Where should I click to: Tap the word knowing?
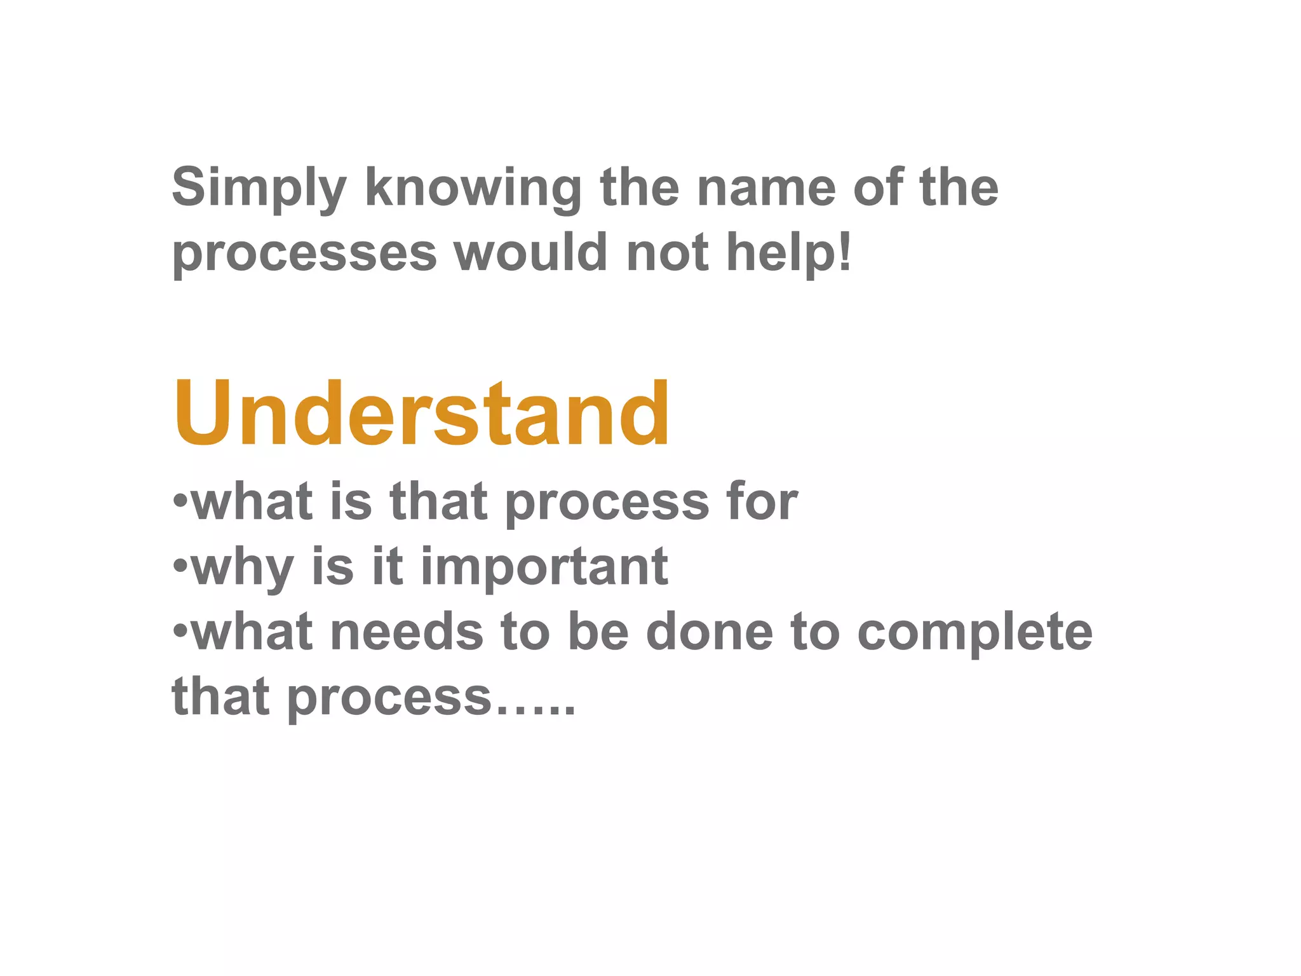click(x=473, y=188)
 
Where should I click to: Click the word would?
click(x=531, y=252)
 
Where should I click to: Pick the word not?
click(x=667, y=252)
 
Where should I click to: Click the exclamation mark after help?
click(x=844, y=250)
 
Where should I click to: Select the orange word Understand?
click(x=421, y=414)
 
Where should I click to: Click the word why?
click(x=242, y=568)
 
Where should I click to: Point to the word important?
click(x=544, y=567)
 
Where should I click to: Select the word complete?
click(x=974, y=633)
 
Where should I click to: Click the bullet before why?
click(x=180, y=564)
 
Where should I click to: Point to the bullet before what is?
click(x=180, y=499)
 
